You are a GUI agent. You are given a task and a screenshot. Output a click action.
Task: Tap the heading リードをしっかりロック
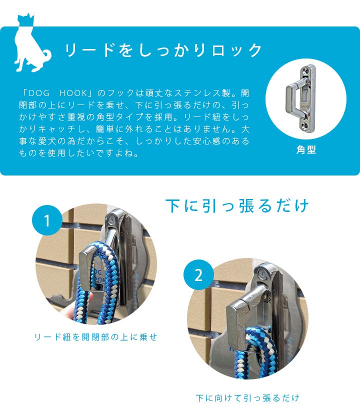click(163, 50)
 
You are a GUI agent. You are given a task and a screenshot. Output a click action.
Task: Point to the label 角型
click(306, 149)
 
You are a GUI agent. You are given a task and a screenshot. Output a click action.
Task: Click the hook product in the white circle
click(301, 98)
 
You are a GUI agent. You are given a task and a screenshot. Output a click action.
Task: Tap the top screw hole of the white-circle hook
click(305, 70)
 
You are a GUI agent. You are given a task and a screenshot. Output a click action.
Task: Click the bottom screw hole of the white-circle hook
click(305, 124)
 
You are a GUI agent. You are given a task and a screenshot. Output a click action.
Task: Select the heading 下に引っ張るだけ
click(237, 205)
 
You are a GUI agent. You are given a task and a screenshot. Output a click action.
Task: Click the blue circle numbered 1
click(47, 220)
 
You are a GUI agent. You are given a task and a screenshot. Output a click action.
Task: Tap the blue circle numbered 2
click(198, 275)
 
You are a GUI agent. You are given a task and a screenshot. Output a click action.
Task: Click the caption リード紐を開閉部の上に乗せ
click(95, 337)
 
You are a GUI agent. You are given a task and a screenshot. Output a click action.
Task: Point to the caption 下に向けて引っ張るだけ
click(247, 398)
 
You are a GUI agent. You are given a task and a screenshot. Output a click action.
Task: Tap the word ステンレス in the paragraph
click(197, 93)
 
